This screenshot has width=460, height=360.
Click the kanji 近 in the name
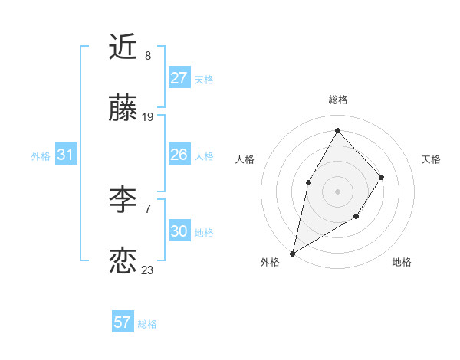tap(123, 47)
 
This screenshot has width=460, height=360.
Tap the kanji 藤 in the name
tap(123, 110)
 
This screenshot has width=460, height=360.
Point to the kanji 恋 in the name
tap(123, 261)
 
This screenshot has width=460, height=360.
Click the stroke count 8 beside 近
tap(148, 56)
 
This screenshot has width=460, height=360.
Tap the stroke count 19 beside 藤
tap(148, 117)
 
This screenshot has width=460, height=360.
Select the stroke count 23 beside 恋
tap(148, 270)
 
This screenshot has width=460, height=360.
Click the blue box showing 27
tap(179, 78)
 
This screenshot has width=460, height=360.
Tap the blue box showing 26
tap(179, 155)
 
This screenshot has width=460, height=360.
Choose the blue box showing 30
tap(179, 231)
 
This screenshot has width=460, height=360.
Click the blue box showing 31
tap(65, 155)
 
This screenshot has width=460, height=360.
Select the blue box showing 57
tap(123, 322)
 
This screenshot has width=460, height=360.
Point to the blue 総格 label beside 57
tap(147, 324)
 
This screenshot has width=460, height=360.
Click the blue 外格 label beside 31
tap(41, 156)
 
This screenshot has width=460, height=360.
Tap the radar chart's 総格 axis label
tap(337, 100)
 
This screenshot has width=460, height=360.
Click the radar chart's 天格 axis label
tap(431, 159)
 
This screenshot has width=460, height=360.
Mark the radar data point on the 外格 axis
tap(292, 253)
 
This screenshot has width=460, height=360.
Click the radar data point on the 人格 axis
tap(308, 182)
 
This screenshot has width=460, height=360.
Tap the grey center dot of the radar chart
tap(337, 191)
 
